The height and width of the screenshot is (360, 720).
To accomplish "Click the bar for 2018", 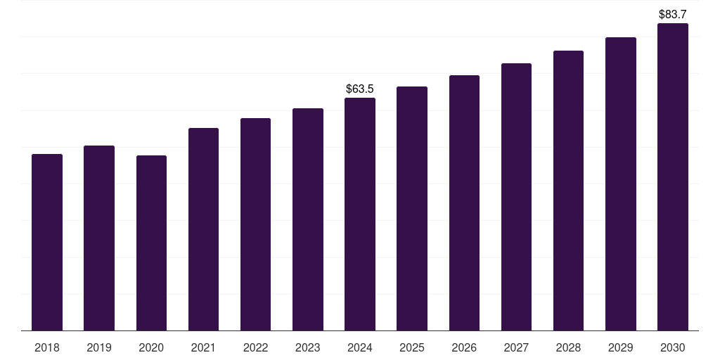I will [x=47, y=243].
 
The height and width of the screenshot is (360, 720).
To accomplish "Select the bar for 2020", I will [x=151, y=243].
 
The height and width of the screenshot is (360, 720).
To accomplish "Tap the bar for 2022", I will [x=255, y=224].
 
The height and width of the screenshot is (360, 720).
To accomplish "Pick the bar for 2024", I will [x=360, y=214].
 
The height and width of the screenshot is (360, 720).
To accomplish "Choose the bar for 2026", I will [x=464, y=203].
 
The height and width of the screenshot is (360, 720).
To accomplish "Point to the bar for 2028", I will [x=568, y=191].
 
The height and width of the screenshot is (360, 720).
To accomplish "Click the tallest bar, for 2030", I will [x=672, y=177].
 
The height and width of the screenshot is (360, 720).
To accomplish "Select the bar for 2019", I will [x=99, y=238].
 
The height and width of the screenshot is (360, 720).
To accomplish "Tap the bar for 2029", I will [x=620, y=184].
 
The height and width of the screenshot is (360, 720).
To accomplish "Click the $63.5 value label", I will [x=360, y=89].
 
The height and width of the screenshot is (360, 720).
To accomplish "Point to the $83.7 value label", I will [x=672, y=14].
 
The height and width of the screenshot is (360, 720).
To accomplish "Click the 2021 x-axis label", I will [x=203, y=347].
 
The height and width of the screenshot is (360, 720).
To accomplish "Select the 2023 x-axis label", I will [x=307, y=347].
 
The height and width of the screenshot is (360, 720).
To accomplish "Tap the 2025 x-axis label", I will [x=412, y=347].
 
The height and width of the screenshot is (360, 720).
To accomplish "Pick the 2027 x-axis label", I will [x=516, y=347].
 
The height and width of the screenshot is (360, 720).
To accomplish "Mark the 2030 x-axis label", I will [x=672, y=347].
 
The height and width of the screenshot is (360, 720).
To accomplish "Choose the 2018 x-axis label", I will [x=47, y=347].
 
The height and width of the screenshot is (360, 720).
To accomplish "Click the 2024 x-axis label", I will [x=360, y=347].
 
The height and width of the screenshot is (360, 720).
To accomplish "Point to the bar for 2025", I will [x=412, y=209].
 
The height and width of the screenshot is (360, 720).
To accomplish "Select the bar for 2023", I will [x=307, y=219].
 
